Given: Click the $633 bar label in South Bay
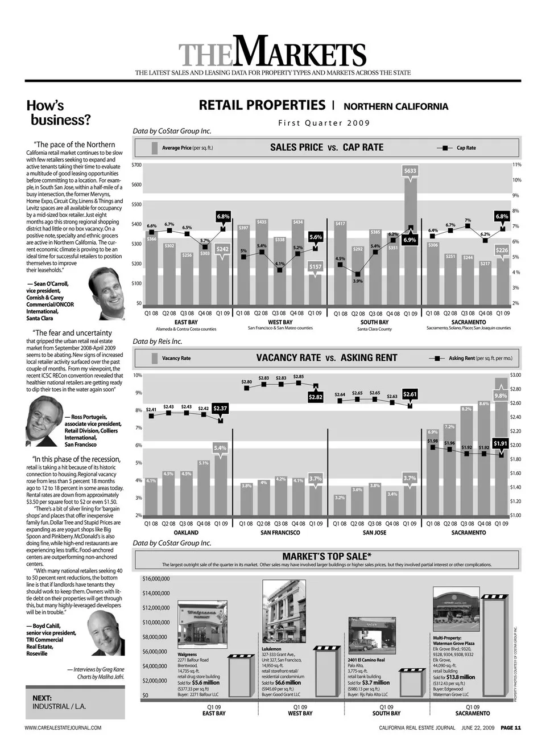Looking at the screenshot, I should [x=409, y=171].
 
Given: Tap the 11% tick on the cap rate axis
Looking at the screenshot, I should [x=516, y=164].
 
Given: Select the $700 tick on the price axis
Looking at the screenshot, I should [x=136, y=164].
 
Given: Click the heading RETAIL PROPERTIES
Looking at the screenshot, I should [x=262, y=105].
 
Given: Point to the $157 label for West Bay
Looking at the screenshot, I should [x=315, y=266].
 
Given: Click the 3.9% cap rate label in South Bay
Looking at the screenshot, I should [x=357, y=281].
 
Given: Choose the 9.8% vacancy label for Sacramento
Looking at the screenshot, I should [x=500, y=396].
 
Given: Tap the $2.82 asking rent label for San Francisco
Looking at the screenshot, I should [x=316, y=397].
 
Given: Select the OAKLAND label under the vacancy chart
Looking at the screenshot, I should [x=186, y=533].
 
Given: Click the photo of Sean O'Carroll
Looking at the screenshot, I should [x=107, y=294].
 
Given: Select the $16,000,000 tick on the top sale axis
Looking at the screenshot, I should [x=156, y=579].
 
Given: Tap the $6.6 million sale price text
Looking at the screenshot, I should [x=288, y=682].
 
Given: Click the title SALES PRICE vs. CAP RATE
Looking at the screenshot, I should [x=326, y=147].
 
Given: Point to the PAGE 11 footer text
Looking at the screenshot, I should [x=511, y=727].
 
